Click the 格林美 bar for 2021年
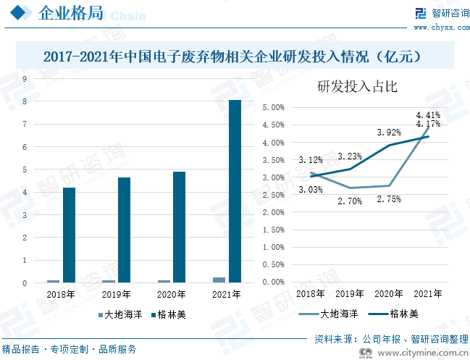pos(235,191)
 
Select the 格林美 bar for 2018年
pos(69,235)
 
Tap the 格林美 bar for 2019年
pos(124,230)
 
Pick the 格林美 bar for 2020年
pos(179,227)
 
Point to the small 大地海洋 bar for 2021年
pos(219,280)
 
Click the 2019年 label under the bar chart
pos(117,295)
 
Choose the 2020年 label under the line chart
pos(388,293)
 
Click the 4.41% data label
pos(428,114)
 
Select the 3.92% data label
pos(388,133)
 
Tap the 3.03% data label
pos(310,190)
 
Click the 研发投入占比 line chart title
pos(357,87)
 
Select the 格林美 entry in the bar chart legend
pos(169,314)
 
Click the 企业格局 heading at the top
pos(70,13)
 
